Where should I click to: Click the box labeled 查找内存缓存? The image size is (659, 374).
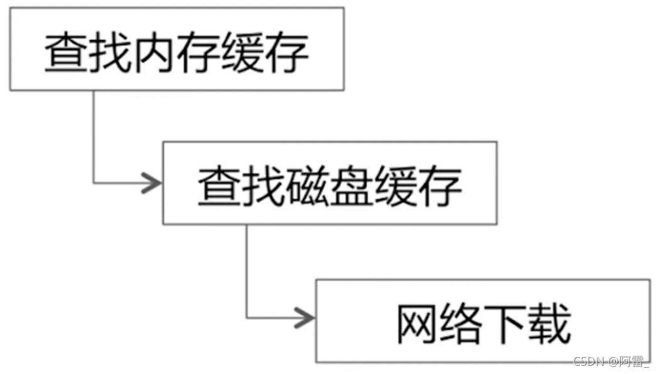coord(176,49)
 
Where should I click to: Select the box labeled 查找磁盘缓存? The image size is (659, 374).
coord(329,183)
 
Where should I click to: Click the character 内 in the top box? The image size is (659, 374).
coord(154,51)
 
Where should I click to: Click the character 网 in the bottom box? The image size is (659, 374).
coord(417,324)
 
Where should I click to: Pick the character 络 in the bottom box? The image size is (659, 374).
coord(461,324)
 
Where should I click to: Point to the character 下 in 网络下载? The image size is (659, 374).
coord(505,324)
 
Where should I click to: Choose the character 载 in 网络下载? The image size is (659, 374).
coord(549,324)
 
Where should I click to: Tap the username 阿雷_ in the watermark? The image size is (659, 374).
coord(633,361)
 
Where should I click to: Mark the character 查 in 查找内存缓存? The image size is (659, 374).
coord(67,51)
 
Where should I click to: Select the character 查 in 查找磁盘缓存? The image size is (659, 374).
coord(219,186)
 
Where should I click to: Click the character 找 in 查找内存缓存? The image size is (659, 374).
coord(110,51)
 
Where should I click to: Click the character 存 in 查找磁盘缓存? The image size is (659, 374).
coord(439,186)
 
